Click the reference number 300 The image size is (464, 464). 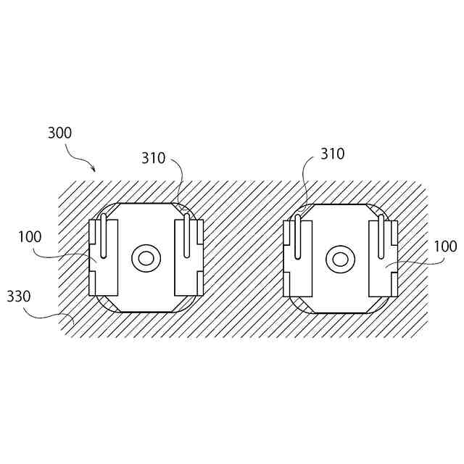point(59,133)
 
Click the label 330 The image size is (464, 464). point(18,297)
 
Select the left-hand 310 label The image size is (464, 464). point(154,158)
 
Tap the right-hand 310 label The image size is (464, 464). point(332,154)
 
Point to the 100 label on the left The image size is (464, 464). point(30,237)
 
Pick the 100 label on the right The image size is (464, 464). point(446,246)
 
